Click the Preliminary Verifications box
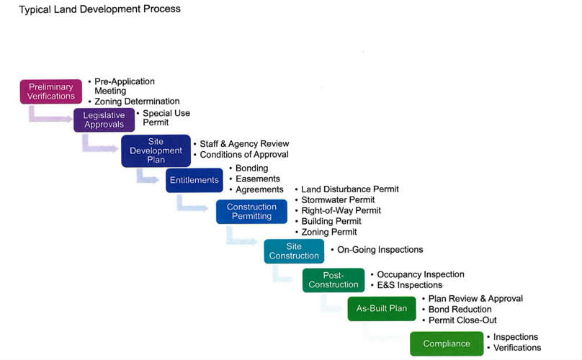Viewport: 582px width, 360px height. pyautogui.click(x=51, y=91)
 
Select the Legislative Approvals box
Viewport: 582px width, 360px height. pyautogui.click(x=104, y=120)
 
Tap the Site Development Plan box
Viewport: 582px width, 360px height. pyautogui.click(x=156, y=150)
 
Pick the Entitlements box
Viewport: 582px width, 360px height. pyautogui.click(x=194, y=180)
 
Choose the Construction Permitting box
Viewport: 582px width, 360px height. pyautogui.click(x=251, y=212)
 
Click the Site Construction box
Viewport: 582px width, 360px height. pyautogui.click(x=294, y=251)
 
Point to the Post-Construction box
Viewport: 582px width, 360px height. pyautogui.click(x=333, y=280)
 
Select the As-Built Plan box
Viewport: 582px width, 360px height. pyautogui.click(x=381, y=308)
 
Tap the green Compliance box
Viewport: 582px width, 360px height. pyautogui.click(x=447, y=343)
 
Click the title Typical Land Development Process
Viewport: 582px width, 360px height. pyautogui.click(x=100, y=9)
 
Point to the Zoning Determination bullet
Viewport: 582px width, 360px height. pyautogui.click(x=137, y=102)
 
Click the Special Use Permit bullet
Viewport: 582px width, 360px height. pyautogui.click(x=166, y=117)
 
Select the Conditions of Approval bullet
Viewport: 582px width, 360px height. pyautogui.click(x=243, y=154)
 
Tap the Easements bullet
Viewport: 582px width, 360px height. pyautogui.click(x=257, y=179)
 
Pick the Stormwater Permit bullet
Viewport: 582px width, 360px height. pyautogui.click(x=338, y=200)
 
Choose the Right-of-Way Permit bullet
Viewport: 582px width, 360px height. pyautogui.click(x=341, y=211)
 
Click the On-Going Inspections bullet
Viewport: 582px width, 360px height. pyautogui.click(x=380, y=250)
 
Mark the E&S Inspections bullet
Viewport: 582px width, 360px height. pyautogui.click(x=409, y=285)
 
